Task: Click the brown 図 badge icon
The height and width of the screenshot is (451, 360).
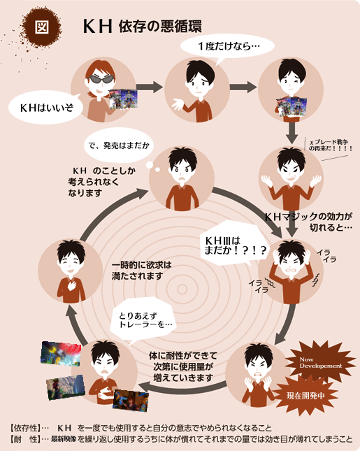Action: pos(42,27)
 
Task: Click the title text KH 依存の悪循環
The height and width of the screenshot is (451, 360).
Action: pos(143,27)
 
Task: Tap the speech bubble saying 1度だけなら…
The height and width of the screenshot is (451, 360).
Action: pos(227,47)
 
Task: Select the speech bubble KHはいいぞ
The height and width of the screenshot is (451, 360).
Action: pos(46,107)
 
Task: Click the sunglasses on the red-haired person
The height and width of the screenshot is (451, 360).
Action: pos(101,79)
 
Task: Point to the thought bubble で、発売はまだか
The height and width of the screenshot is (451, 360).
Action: pos(119,145)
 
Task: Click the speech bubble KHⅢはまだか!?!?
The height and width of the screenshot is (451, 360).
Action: pos(235,245)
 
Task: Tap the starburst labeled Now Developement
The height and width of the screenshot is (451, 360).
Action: pos(321,362)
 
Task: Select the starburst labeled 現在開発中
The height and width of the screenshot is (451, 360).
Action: pos(305,396)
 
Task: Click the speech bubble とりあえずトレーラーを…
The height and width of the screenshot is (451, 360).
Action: pos(143,320)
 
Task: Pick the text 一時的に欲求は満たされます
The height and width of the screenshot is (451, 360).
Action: pos(141,271)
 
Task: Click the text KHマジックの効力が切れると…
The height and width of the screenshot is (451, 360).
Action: pos(309,222)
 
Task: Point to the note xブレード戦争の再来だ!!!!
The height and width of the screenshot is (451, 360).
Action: pos(330,145)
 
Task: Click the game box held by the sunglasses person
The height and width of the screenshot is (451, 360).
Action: pos(123,99)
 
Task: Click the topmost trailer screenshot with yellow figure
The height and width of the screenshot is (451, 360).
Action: pos(61,353)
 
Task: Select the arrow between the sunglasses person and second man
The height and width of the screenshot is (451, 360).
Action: pos(150,87)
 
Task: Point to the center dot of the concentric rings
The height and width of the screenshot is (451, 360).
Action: pos(182,289)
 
